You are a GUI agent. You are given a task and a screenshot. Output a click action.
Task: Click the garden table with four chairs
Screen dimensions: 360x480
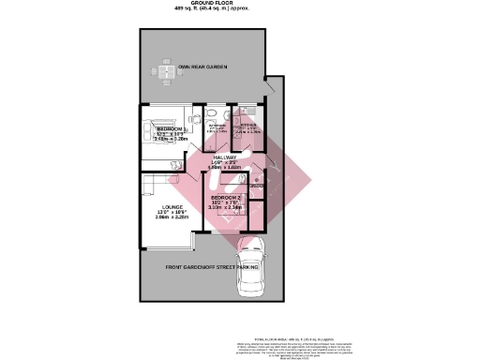[165, 71]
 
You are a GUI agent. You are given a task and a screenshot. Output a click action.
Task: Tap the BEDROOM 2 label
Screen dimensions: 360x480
[227, 199]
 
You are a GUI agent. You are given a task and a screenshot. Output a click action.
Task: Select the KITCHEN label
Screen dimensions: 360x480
[247, 126]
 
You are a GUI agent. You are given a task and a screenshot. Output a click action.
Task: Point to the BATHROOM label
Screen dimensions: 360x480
[217, 126]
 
